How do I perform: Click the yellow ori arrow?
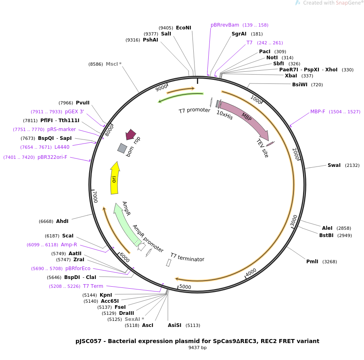pyautogui.click(x=114, y=178)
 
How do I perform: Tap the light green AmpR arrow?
pyautogui.click(x=126, y=222)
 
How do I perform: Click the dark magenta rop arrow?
pyautogui.click(x=131, y=135)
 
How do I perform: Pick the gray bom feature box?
pyautogui.click(x=122, y=148)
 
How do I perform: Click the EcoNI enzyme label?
pyautogui.click(x=184, y=28)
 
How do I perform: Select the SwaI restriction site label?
pyautogui.click(x=334, y=165)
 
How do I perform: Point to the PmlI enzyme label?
pyautogui.click(x=312, y=262)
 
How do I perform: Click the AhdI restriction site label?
pyautogui.click(x=62, y=221)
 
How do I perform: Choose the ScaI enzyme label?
pyautogui.click(x=68, y=236)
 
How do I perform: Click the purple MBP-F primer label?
pyautogui.click(x=318, y=112)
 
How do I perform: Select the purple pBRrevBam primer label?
pyautogui.click(x=225, y=25)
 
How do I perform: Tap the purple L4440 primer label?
pyautogui.click(x=62, y=147)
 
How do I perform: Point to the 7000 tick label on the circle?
pyautogui.click(x=95, y=197)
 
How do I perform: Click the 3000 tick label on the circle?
pyautogui.click(x=294, y=220)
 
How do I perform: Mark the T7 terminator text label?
pyautogui.click(x=187, y=257)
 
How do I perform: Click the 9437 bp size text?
pyautogui.click(x=197, y=348)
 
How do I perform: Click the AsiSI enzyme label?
pyautogui.click(x=175, y=325)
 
